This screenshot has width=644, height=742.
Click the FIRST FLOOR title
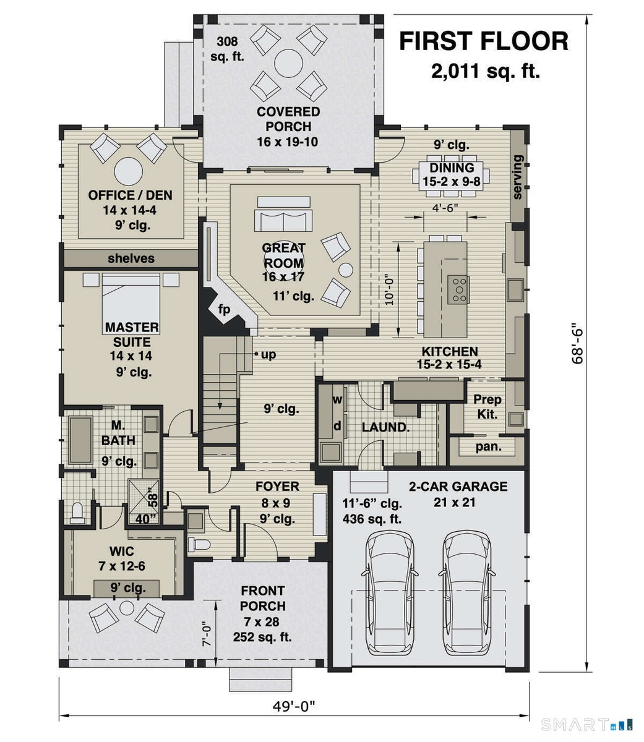pyautogui.click(x=484, y=41)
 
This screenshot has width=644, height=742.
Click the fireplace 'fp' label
pyautogui.click(x=224, y=309)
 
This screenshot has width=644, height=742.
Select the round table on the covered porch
pyautogui.click(x=288, y=63)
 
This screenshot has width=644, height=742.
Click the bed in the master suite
pyautogui.click(x=131, y=302)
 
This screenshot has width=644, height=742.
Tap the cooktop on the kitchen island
pyautogui.click(x=459, y=289)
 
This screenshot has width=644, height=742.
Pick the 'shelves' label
pyautogui.click(x=131, y=258)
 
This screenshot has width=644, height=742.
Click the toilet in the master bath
pyautogui.click(x=77, y=513)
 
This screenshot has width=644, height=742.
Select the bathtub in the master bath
pyautogui.click(x=80, y=440)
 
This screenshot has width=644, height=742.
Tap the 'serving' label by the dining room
pyautogui.click(x=517, y=177)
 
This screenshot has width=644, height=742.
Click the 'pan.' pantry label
pyautogui.click(x=488, y=447)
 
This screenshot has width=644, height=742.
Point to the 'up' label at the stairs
pyautogui.click(x=268, y=354)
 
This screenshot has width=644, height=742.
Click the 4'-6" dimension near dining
pyautogui.click(x=445, y=208)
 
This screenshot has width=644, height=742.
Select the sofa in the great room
pyautogui.click(x=283, y=215)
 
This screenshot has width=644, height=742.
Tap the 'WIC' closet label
pyautogui.click(x=121, y=551)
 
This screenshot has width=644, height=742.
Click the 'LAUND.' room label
pyautogui.click(x=385, y=427)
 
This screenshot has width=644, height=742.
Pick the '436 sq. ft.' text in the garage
pyautogui.click(x=372, y=519)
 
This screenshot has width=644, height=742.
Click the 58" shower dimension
pyautogui.click(x=153, y=500)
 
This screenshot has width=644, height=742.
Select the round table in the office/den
pyautogui.click(x=129, y=171)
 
